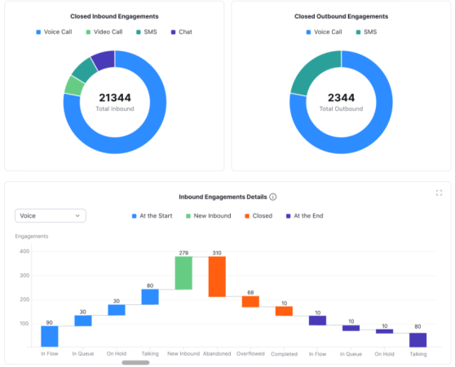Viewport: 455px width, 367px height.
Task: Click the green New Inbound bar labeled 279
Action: pyautogui.click(x=183, y=273)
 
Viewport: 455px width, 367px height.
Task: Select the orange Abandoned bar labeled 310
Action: pyautogui.click(x=217, y=276)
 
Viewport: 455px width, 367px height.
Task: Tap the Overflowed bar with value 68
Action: pyautogui.click(x=250, y=302)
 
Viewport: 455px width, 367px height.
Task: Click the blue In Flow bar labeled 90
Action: pyautogui.click(x=49, y=336)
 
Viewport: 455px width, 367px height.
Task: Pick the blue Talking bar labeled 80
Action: pyautogui.click(x=150, y=297)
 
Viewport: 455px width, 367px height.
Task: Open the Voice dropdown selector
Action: pyautogui.click(x=51, y=215)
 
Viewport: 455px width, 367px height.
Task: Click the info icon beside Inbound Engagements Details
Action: pyautogui.click(x=273, y=197)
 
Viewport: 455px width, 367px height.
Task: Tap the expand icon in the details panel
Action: pyautogui.click(x=439, y=192)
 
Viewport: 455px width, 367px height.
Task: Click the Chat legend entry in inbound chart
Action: pyautogui.click(x=181, y=32)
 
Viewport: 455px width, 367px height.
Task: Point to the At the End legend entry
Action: pyautogui.click(x=304, y=215)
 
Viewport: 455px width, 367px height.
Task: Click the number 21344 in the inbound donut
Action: pyautogui.click(x=114, y=98)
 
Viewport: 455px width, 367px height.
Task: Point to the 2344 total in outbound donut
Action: pyautogui.click(x=341, y=98)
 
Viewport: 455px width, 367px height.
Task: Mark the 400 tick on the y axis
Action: pyautogui.click(x=24, y=251)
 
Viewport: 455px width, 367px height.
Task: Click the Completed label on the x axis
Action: pyautogui.click(x=284, y=354)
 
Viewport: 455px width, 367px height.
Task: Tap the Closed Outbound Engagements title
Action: pyautogui.click(x=341, y=15)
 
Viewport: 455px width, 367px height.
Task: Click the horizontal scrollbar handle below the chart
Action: pyautogui.click(x=135, y=361)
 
